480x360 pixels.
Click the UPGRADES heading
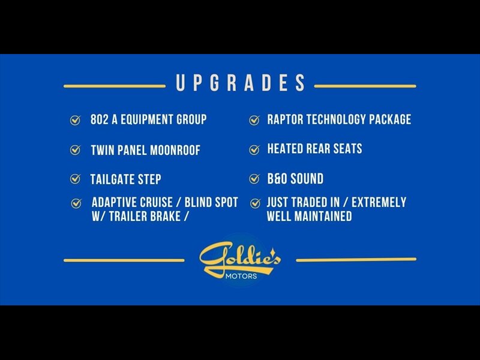click(241, 83)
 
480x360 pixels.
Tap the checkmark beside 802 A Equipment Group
click(76, 121)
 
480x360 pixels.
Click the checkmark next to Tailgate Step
click(76, 179)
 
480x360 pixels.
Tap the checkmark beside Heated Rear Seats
click(254, 149)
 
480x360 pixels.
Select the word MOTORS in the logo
click(241, 276)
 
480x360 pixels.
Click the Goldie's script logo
click(239, 258)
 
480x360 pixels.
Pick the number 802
click(99, 119)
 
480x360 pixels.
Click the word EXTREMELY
click(379, 202)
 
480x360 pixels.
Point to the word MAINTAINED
click(323, 216)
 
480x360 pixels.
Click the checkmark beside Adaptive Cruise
click(76, 203)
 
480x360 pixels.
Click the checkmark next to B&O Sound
click(254, 179)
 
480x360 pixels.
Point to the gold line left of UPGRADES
click(115, 86)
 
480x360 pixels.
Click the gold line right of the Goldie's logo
click(356, 260)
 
